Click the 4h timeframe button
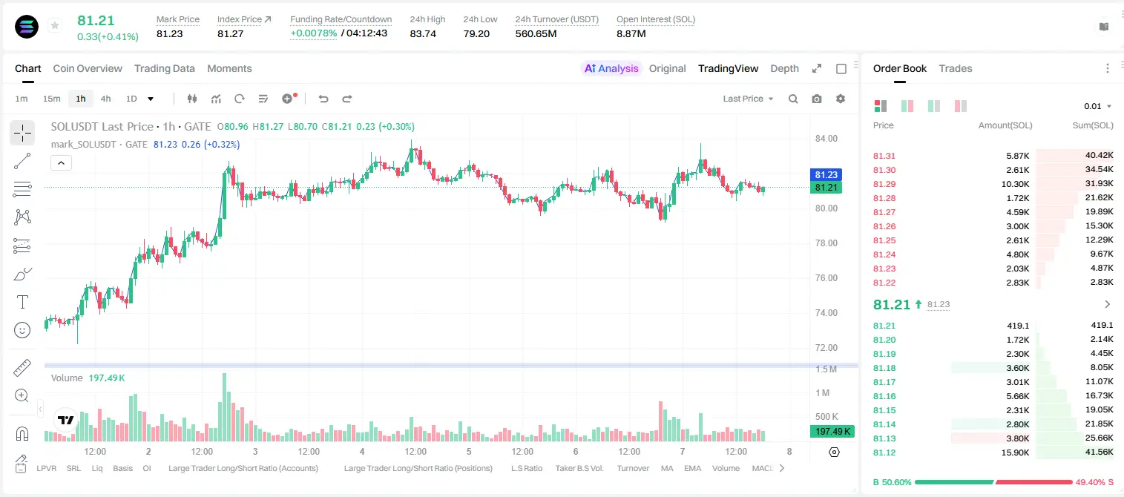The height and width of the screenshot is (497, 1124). [x=105, y=99]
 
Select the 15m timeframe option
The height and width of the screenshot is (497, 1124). [x=51, y=99]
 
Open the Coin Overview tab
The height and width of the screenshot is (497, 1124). [x=88, y=68]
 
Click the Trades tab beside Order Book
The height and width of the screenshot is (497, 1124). [x=956, y=68]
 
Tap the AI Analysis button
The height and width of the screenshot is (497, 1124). [x=611, y=68]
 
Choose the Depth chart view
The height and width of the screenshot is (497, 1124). [x=784, y=68]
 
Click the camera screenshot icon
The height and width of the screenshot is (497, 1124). [x=817, y=99]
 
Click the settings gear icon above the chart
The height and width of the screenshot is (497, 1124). [x=841, y=99]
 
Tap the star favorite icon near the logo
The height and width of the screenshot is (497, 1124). [x=55, y=25]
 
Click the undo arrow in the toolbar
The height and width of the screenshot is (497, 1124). [x=323, y=99]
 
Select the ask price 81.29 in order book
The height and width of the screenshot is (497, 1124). [x=884, y=184]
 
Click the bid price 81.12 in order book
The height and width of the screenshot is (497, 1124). [x=884, y=452]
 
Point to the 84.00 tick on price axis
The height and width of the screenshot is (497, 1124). [x=826, y=139]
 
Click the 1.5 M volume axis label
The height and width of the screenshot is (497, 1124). [x=826, y=369]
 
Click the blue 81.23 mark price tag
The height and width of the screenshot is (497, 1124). [x=826, y=174]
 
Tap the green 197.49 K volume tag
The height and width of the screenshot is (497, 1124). [x=832, y=431]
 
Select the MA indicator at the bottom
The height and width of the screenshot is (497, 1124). [x=667, y=468]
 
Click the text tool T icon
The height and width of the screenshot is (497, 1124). [x=22, y=302]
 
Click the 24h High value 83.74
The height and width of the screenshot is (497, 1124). [x=423, y=33]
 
